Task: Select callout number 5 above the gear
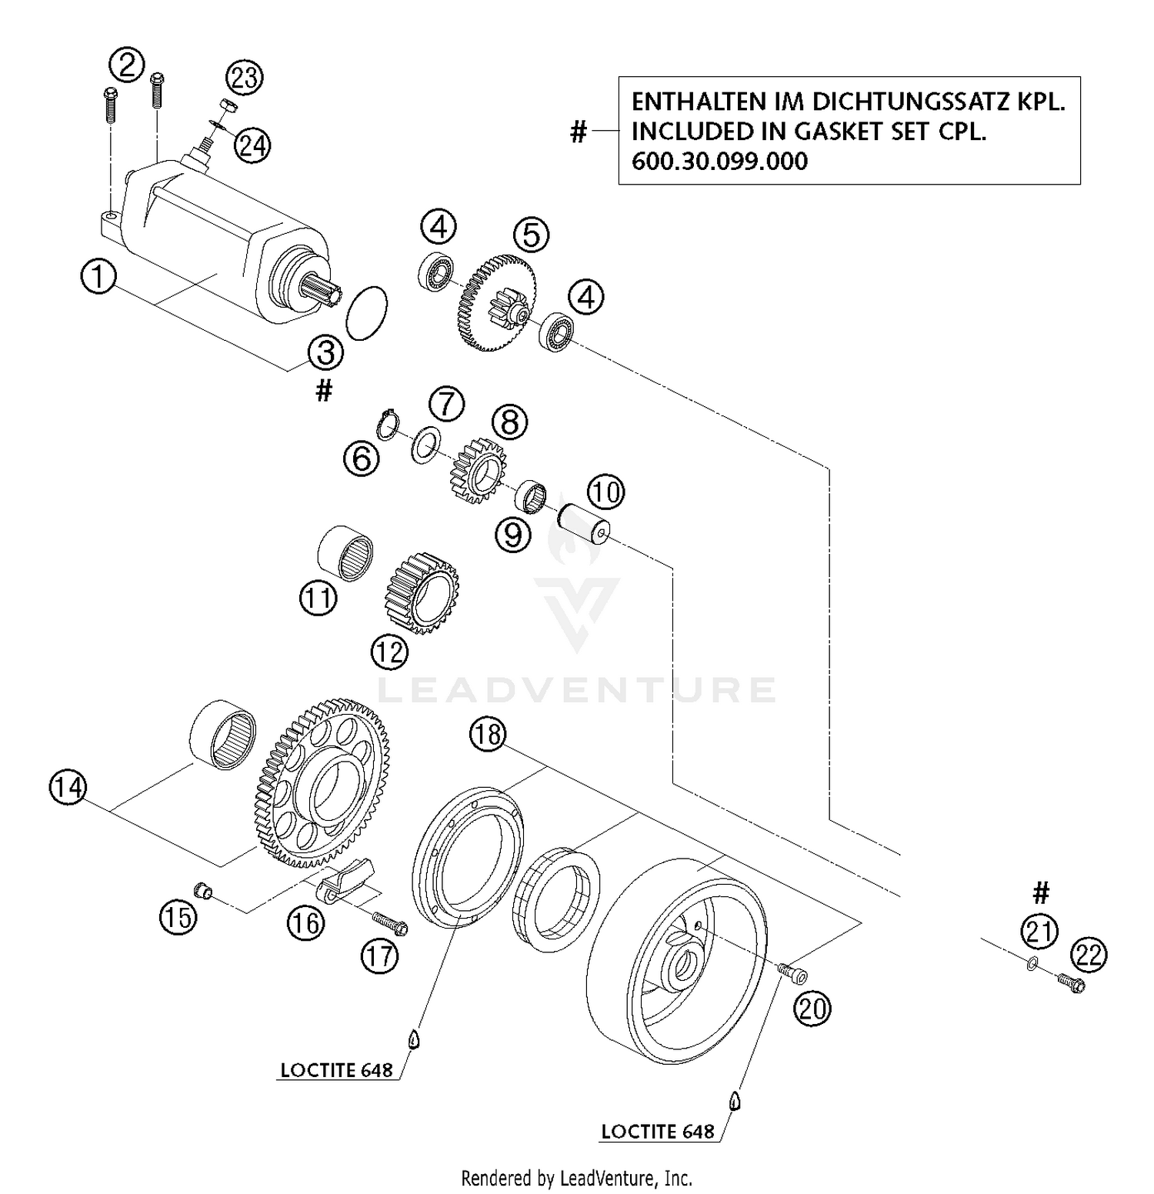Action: [532, 235]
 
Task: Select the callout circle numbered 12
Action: [389, 652]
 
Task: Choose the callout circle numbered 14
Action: [68, 787]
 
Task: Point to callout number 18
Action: [488, 735]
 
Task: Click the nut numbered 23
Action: [227, 105]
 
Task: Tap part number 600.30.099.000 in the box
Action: [719, 162]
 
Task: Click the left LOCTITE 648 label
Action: [336, 1070]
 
